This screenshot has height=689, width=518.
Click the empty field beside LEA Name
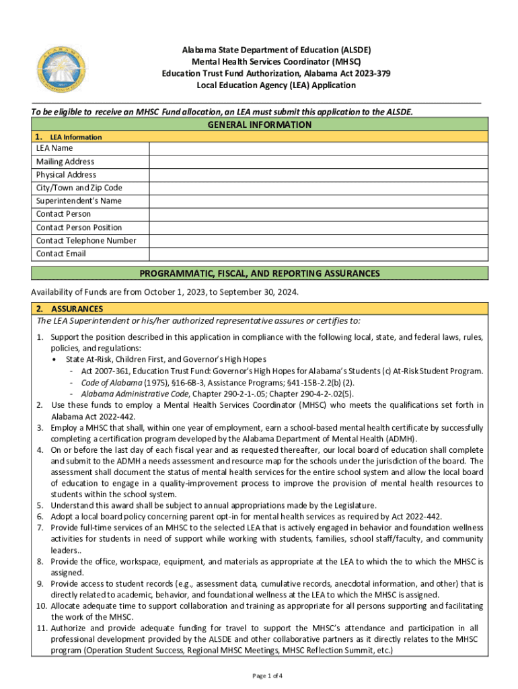(316, 148)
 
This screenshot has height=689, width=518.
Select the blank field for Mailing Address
(316, 161)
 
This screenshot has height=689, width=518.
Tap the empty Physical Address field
(316, 174)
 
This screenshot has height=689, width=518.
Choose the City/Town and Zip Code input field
(316, 188)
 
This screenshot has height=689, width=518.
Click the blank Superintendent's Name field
(316, 201)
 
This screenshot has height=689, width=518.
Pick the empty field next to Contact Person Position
(316, 227)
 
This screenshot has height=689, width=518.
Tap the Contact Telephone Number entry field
(316, 240)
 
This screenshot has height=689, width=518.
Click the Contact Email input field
(316, 254)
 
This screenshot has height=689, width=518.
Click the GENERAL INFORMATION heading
(259, 124)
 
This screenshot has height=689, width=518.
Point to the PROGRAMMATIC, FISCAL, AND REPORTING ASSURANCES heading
(259, 274)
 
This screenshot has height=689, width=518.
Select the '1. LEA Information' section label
(69, 137)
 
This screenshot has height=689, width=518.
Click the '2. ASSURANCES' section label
(69, 309)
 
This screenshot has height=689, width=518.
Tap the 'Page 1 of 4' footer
(259, 676)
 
